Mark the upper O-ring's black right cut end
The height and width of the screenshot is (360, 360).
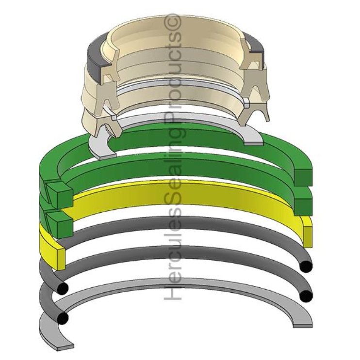[x=306, y=266]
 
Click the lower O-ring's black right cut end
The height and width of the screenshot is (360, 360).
[x=306, y=295]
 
